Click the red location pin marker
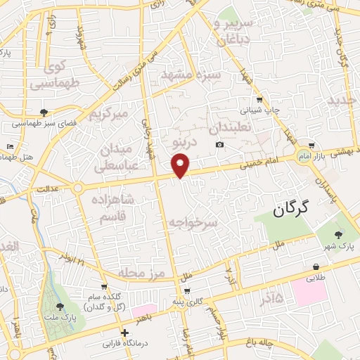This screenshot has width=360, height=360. click(x=181, y=165)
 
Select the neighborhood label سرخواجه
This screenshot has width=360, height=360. click(x=193, y=221)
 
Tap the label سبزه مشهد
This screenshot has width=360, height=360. click(x=191, y=73)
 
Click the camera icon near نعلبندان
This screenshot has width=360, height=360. click(x=220, y=145)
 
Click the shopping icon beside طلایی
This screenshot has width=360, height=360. click(x=317, y=267)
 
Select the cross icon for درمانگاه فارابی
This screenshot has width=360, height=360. click(x=124, y=333)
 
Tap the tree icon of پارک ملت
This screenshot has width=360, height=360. click(x=60, y=306)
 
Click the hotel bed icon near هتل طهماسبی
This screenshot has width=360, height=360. click(x=10, y=146)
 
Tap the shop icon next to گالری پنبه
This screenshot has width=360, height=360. click(x=186, y=291)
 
